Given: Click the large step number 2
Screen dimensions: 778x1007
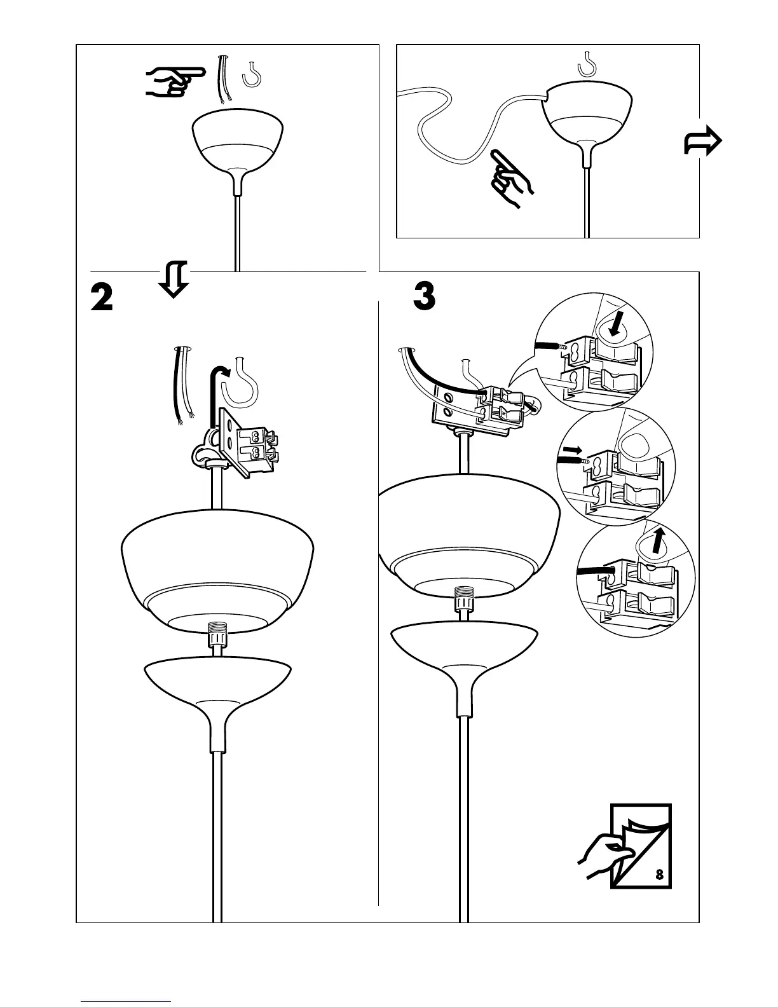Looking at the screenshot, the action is click(102, 297).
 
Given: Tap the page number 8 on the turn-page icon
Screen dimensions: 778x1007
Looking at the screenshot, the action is click(659, 875).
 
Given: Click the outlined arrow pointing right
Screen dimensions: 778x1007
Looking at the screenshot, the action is click(702, 140).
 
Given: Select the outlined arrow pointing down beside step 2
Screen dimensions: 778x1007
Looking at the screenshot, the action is click(174, 278).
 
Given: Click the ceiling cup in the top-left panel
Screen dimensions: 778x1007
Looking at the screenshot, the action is click(238, 143).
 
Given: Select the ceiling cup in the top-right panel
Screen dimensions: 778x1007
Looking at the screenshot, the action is click(587, 114).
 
